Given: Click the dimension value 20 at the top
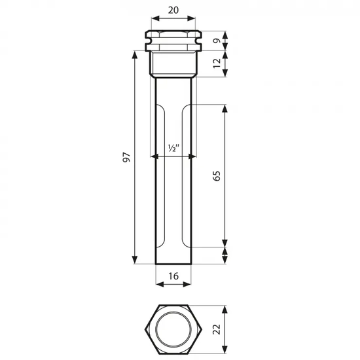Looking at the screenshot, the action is pyautogui.click(x=173, y=10).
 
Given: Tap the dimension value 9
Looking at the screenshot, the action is pyautogui.click(x=217, y=41).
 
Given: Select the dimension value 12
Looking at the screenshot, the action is pyautogui.click(x=217, y=63).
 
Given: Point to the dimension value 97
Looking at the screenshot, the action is pyautogui.click(x=126, y=157).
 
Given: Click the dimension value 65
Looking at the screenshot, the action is pyautogui.click(x=217, y=176).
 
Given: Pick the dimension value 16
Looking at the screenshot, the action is pyautogui.click(x=173, y=276).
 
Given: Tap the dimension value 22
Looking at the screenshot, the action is pyautogui.click(x=217, y=329).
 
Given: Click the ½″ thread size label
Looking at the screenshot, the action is pyautogui.click(x=173, y=148).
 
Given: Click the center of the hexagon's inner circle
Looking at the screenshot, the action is pyautogui.click(x=173, y=330).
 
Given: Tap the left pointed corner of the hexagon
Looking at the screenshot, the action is pyautogui.click(x=145, y=330).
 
